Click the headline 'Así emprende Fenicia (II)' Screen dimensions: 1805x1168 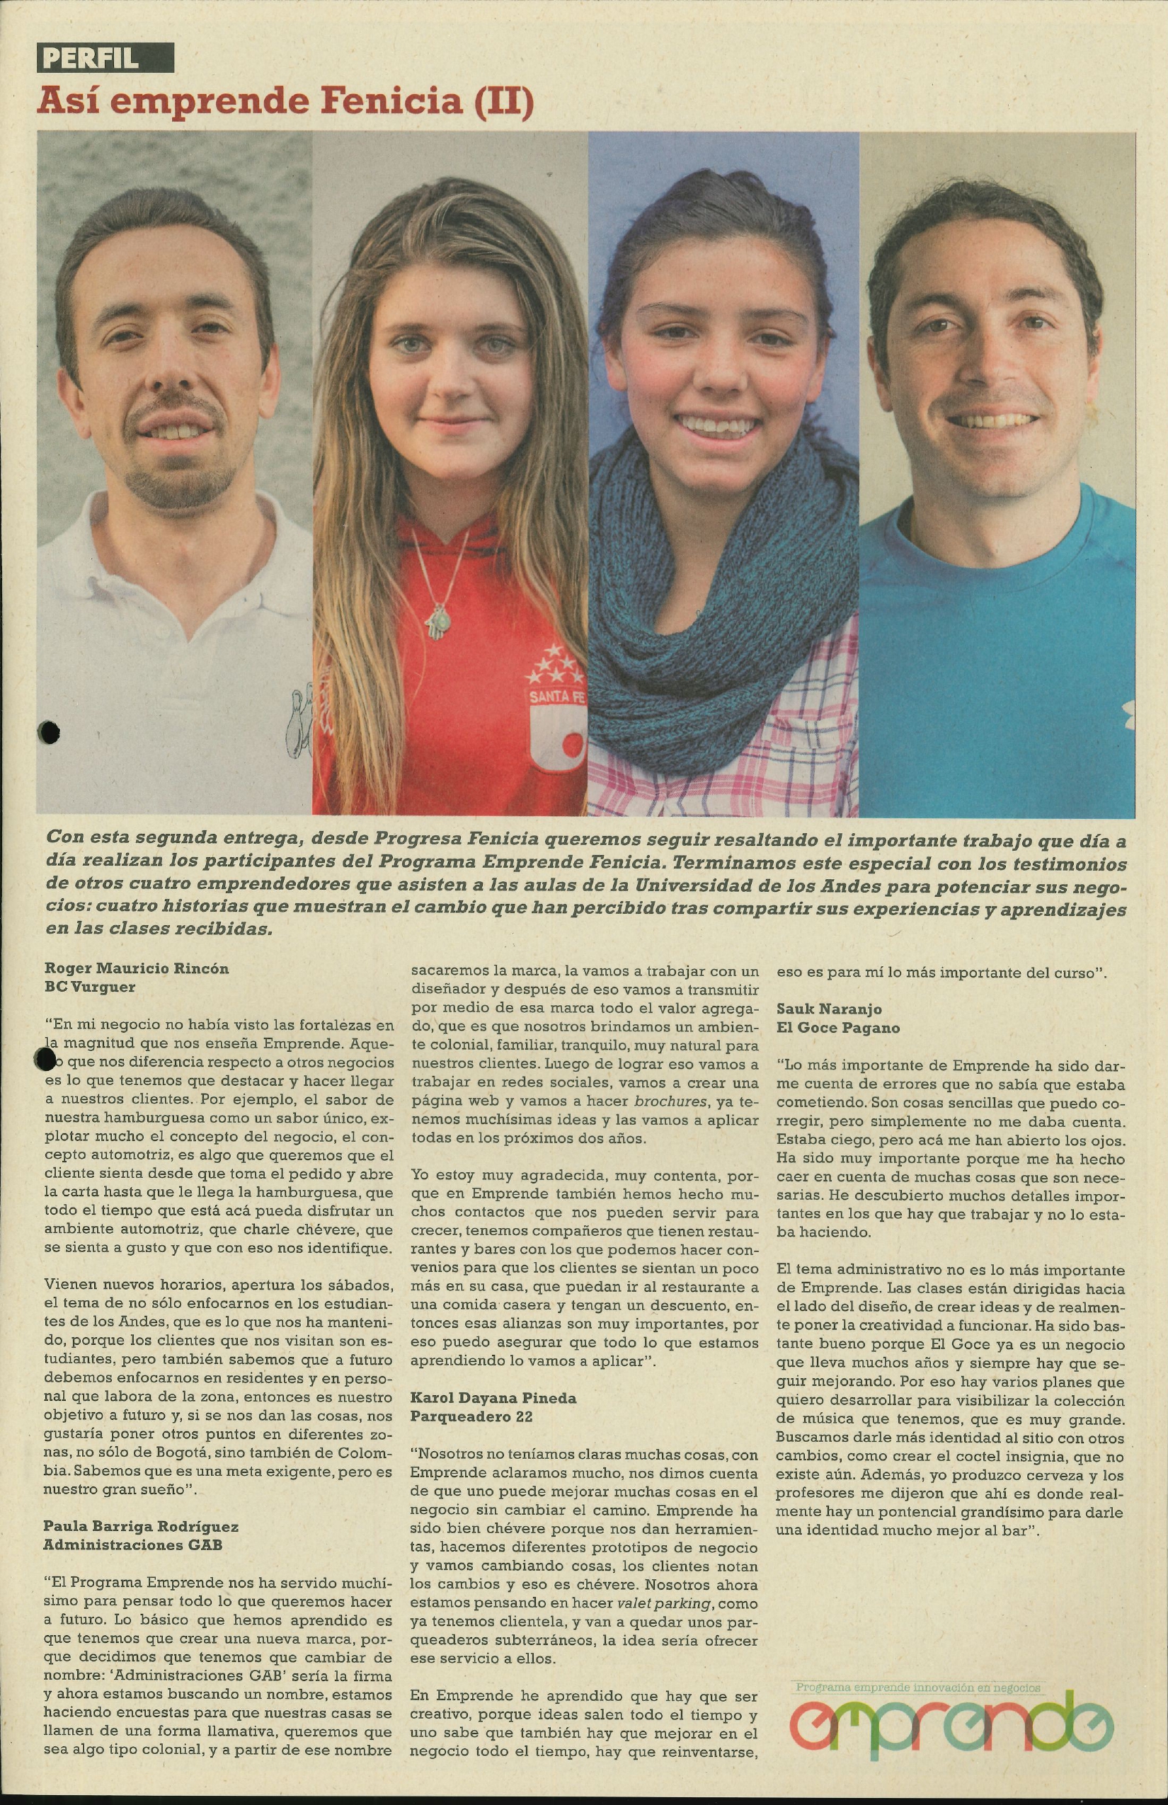pos(285,101)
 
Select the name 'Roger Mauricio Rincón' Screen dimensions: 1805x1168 pos(137,968)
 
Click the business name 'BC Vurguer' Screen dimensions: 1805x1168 pos(91,987)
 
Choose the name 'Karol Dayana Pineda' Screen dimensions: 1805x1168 pos(493,1398)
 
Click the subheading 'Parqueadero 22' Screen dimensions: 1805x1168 pos(471,1416)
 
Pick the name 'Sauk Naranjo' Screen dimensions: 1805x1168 pos(829,1009)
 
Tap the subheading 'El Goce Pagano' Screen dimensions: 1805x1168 pos(838,1028)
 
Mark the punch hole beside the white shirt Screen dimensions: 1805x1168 pos(49,731)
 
